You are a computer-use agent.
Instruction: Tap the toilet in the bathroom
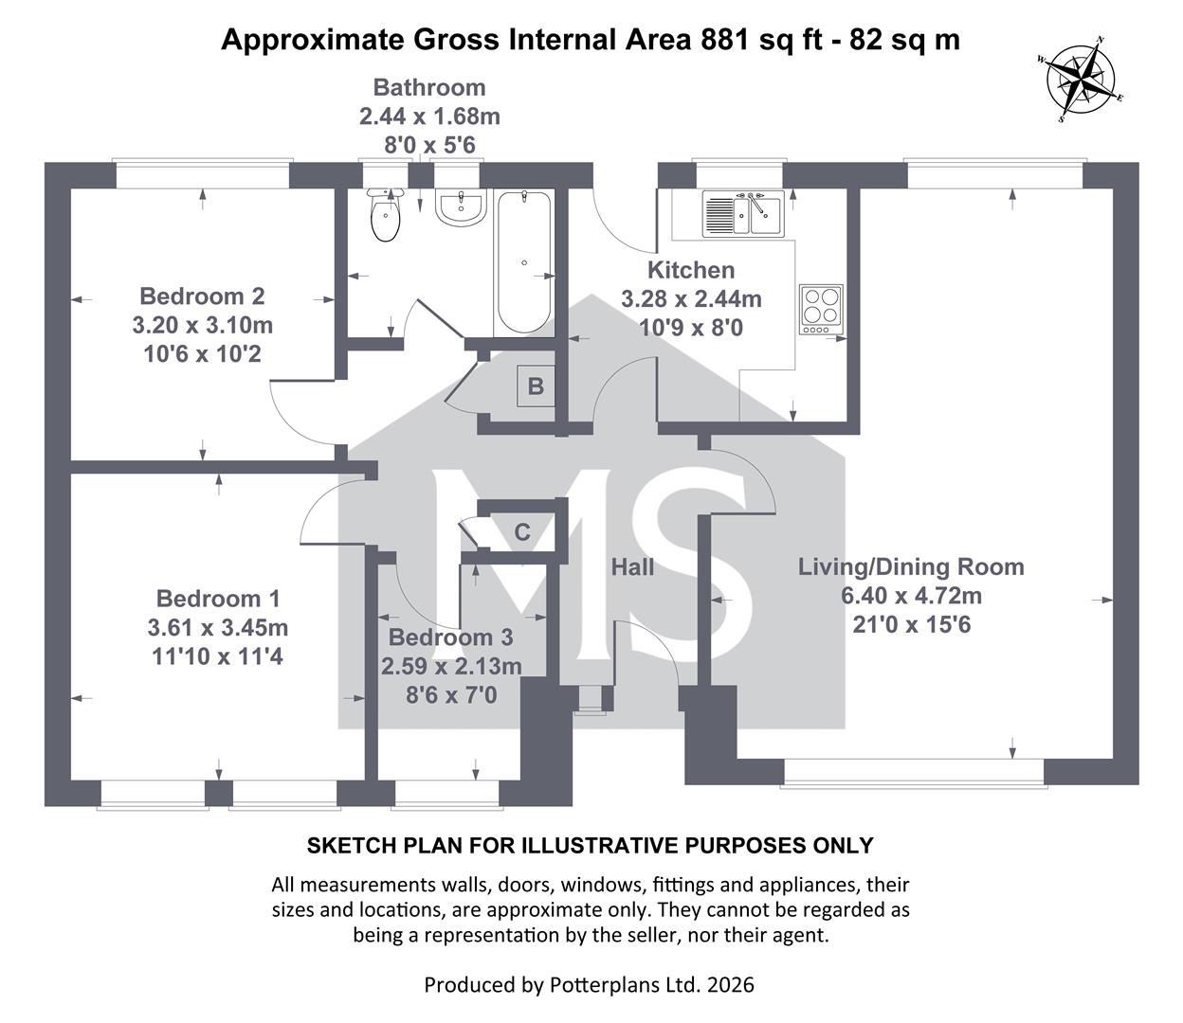coord(386,217)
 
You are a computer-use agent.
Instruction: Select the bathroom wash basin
coord(462,207)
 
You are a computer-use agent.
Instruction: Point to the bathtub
coord(522,262)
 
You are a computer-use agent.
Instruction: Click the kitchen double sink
coord(741,214)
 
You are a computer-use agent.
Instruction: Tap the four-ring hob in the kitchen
coord(821,308)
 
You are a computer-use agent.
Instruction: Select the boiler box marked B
coord(536,386)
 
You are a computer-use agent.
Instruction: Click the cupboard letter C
coord(521,532)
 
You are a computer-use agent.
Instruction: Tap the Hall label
coord(632,567)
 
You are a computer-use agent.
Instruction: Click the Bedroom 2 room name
coord(202,296)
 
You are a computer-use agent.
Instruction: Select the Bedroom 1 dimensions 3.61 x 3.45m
coord(218,627)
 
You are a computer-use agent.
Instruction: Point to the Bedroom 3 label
coord(451,637)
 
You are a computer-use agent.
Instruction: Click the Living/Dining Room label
coord(911,567)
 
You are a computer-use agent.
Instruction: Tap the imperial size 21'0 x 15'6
coord(911,624)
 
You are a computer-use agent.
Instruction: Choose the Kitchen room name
coord(691,270)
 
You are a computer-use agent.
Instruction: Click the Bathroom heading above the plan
coord(429,88)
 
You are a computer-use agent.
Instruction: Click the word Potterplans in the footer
coord(607,985)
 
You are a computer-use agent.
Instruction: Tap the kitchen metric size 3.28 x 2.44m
coord(691,299)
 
